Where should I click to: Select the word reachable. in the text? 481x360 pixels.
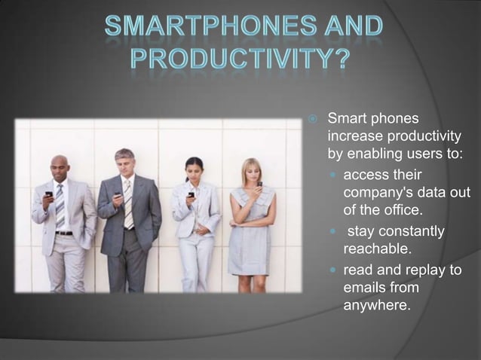pyautogui.click(x=375, y=248)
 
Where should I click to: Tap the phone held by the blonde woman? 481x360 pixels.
pyautogui.click(x=259, y=183)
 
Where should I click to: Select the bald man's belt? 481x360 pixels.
pyautogui.click(x=63, y=233)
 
